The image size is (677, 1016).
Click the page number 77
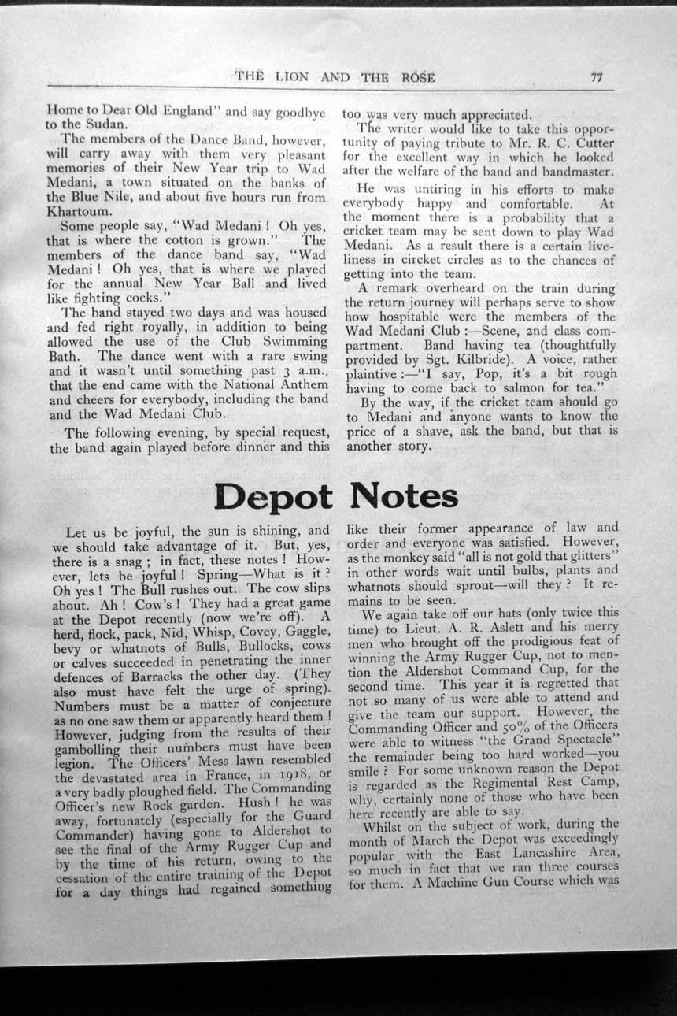(x=596, y=76)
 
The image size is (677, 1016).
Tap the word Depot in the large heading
(x=273, y=496)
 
